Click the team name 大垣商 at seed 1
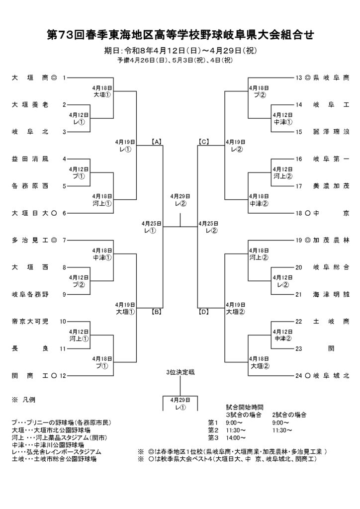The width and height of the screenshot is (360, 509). coord(30,78)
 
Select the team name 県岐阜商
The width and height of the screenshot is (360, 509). coord(331,78)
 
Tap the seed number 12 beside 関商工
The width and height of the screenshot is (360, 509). coord(63,376)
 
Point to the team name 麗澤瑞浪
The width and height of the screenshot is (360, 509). coord(331,132)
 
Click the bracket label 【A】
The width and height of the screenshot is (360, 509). coord(157,142)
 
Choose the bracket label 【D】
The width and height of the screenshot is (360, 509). coord(203,312)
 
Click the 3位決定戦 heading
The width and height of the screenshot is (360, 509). coord(180,372)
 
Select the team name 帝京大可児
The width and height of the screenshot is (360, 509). coord(30,322)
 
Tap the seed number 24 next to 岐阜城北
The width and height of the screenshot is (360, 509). coord(299,376)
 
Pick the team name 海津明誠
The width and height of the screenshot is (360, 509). coord(331,295)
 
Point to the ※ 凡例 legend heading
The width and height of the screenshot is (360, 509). coord(23,400)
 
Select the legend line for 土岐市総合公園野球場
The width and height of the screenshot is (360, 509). coord(54,459)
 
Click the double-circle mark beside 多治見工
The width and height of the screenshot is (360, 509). coord(54,241)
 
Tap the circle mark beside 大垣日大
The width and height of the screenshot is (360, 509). coord(54,213)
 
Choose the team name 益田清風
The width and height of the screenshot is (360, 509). coord(30,159)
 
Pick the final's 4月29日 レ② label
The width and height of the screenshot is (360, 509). coord(180,200)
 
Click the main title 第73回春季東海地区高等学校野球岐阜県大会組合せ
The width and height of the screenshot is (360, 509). coord(180,35)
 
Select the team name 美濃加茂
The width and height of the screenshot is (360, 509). coord(331,186)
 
